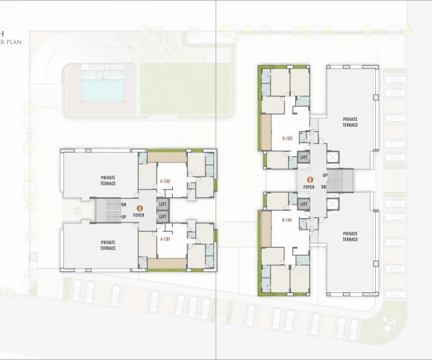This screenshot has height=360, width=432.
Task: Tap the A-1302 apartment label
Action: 165,181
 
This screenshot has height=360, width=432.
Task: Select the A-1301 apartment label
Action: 165,238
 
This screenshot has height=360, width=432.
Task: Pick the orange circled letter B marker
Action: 310,180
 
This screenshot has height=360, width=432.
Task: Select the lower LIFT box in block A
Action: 162,216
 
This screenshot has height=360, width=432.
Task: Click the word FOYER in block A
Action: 140,215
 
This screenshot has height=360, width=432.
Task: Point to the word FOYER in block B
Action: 310,187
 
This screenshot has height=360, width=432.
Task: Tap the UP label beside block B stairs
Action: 325,175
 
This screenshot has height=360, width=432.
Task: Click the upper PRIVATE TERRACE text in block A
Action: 108,181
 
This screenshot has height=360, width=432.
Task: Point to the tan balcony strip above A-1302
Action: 166,156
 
